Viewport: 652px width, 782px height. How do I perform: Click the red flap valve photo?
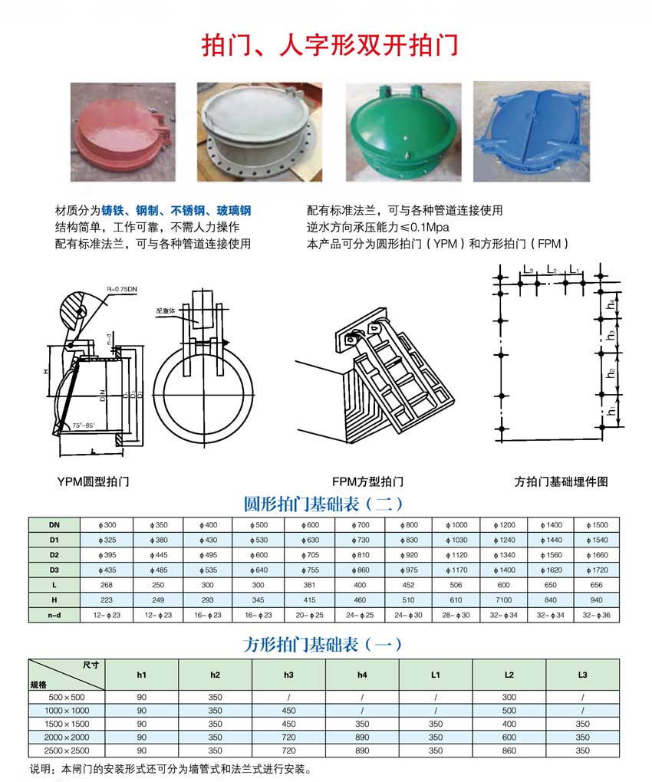[123, 131]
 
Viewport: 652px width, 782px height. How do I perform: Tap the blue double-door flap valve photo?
[530, 131]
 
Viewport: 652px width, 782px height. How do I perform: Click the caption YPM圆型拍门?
[93, 481]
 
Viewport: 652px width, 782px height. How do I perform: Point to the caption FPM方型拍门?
[368, 481]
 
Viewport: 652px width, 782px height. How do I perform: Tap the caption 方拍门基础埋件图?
[561, 481]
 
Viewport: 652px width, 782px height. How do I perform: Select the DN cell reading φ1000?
[456, 525]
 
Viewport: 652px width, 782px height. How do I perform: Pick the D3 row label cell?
[54, 570]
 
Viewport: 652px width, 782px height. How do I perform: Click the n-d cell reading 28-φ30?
[456, 615]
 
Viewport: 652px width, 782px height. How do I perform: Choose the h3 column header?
[288, 674]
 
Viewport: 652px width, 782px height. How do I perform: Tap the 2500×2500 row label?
[68, 751]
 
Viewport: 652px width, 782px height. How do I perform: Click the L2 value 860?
[509, 751]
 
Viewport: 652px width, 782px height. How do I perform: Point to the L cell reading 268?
[107, 585]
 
